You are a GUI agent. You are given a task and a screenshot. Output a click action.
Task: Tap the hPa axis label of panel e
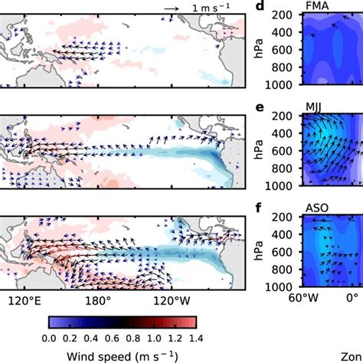pos(263,151)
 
